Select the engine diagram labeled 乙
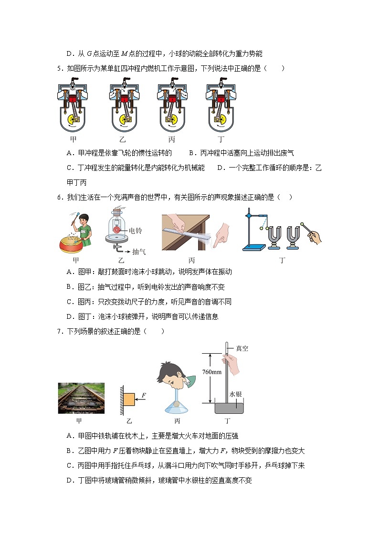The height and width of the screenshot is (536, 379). pos(123,108)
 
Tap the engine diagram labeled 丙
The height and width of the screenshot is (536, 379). pos(171,108)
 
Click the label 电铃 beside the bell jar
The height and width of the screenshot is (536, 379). pos(136,231)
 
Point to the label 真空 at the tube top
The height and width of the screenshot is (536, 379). pos(242,348)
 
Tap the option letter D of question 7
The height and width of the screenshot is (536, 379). pos(70,481)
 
